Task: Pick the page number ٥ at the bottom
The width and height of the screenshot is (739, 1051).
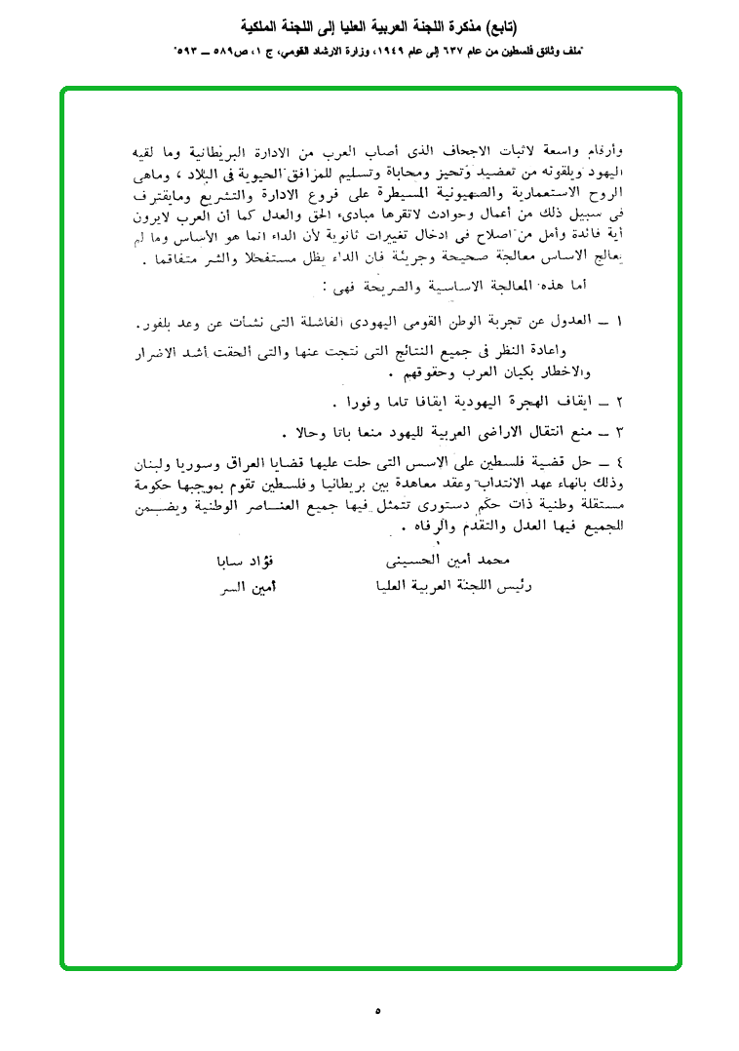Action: coord(377,1011)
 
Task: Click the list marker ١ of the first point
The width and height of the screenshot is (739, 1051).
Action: coord(619,322)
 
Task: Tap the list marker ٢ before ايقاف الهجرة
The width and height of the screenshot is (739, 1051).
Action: coord(619,402)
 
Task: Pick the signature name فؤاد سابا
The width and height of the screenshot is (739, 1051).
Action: coord(243,562)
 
